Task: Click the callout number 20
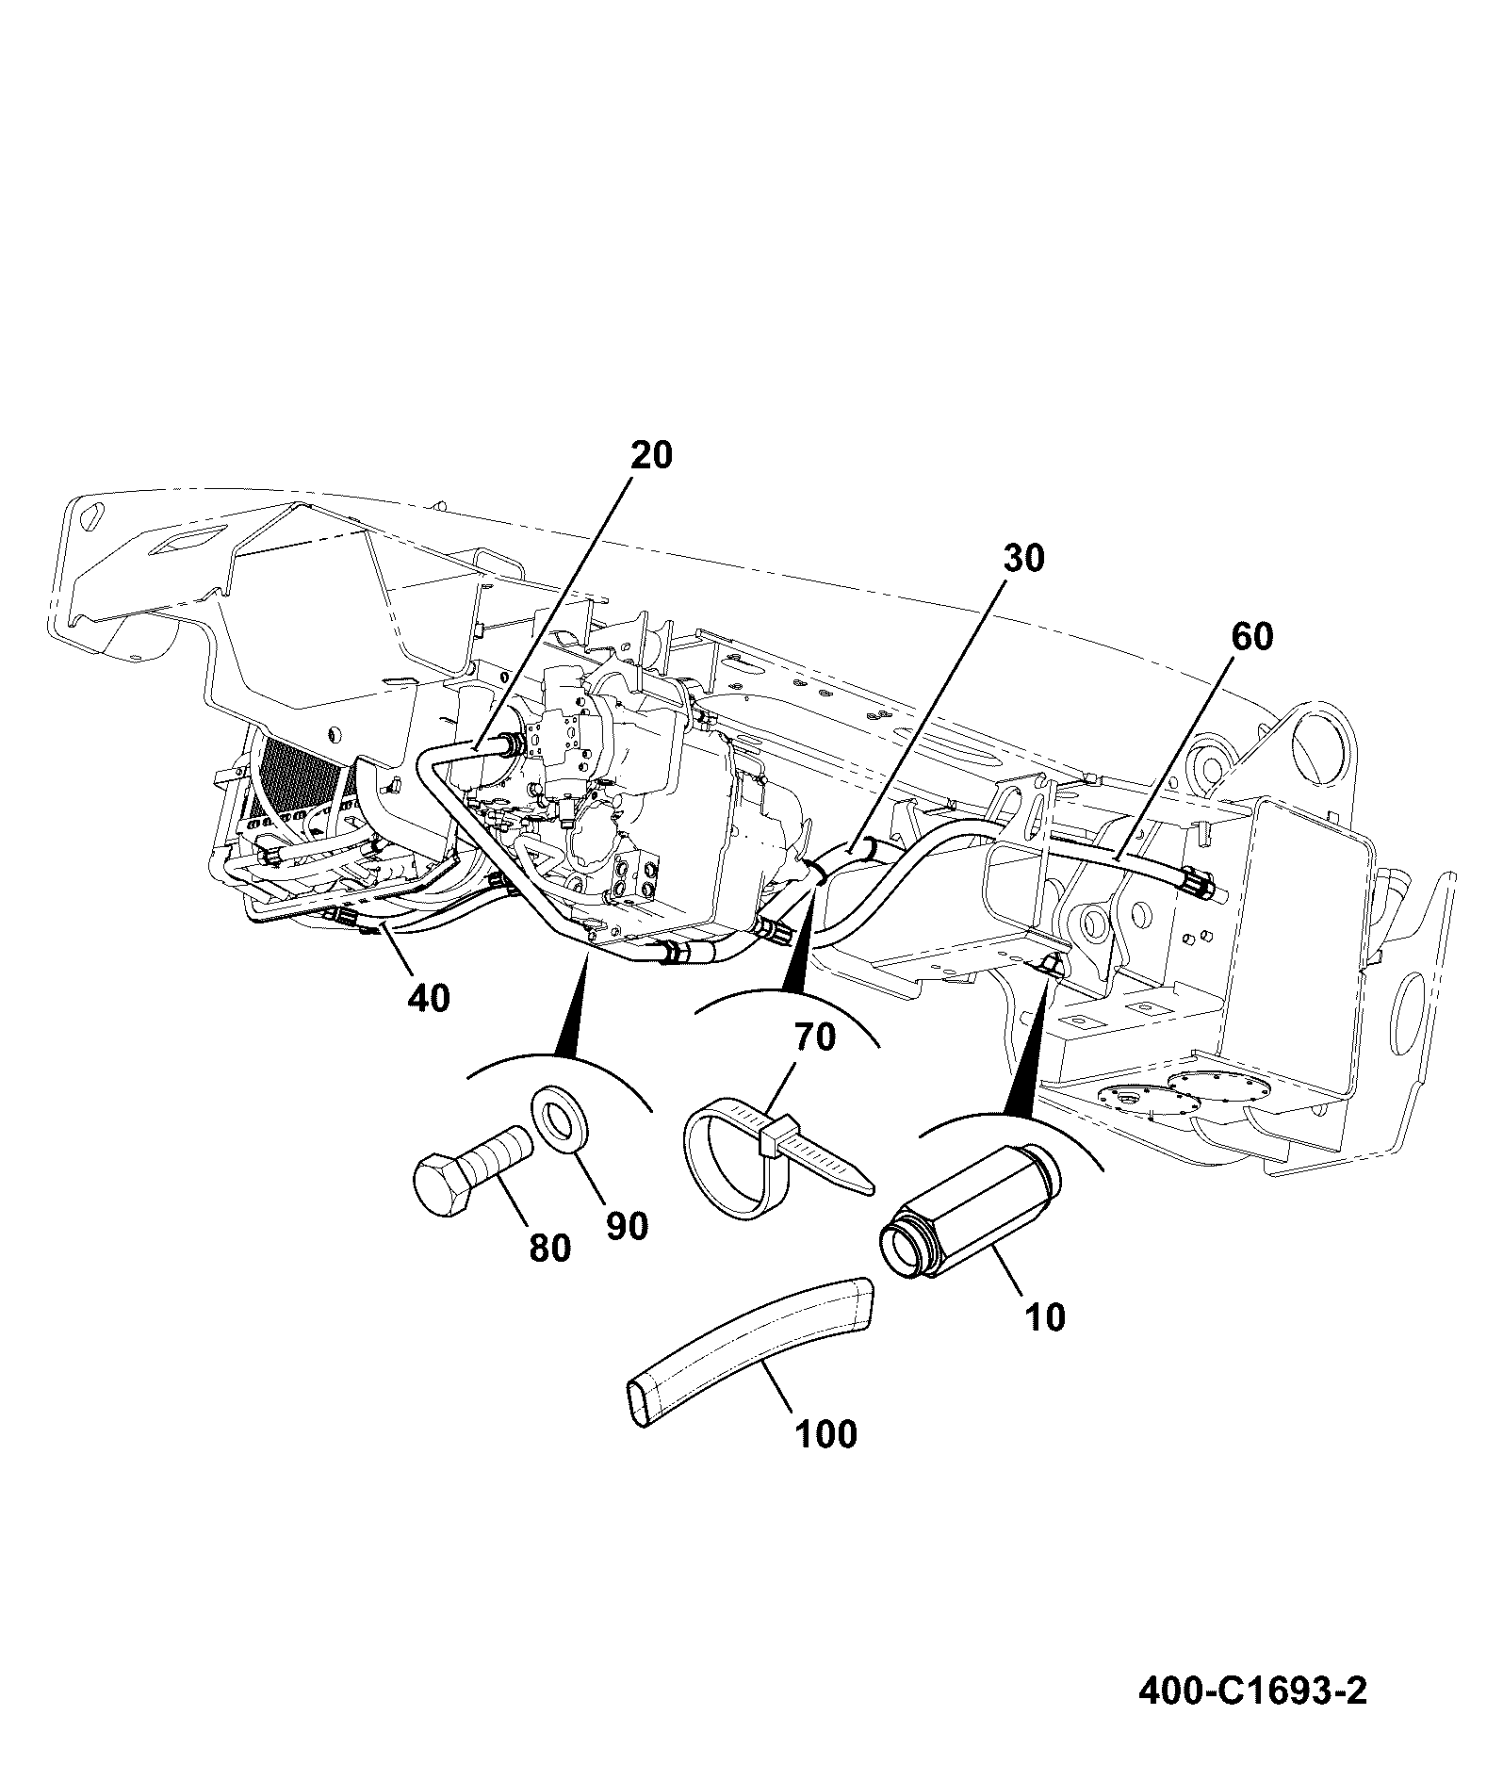651,455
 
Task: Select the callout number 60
1250,637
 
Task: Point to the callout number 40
429,997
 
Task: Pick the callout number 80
549,1249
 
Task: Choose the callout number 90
626,1226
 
